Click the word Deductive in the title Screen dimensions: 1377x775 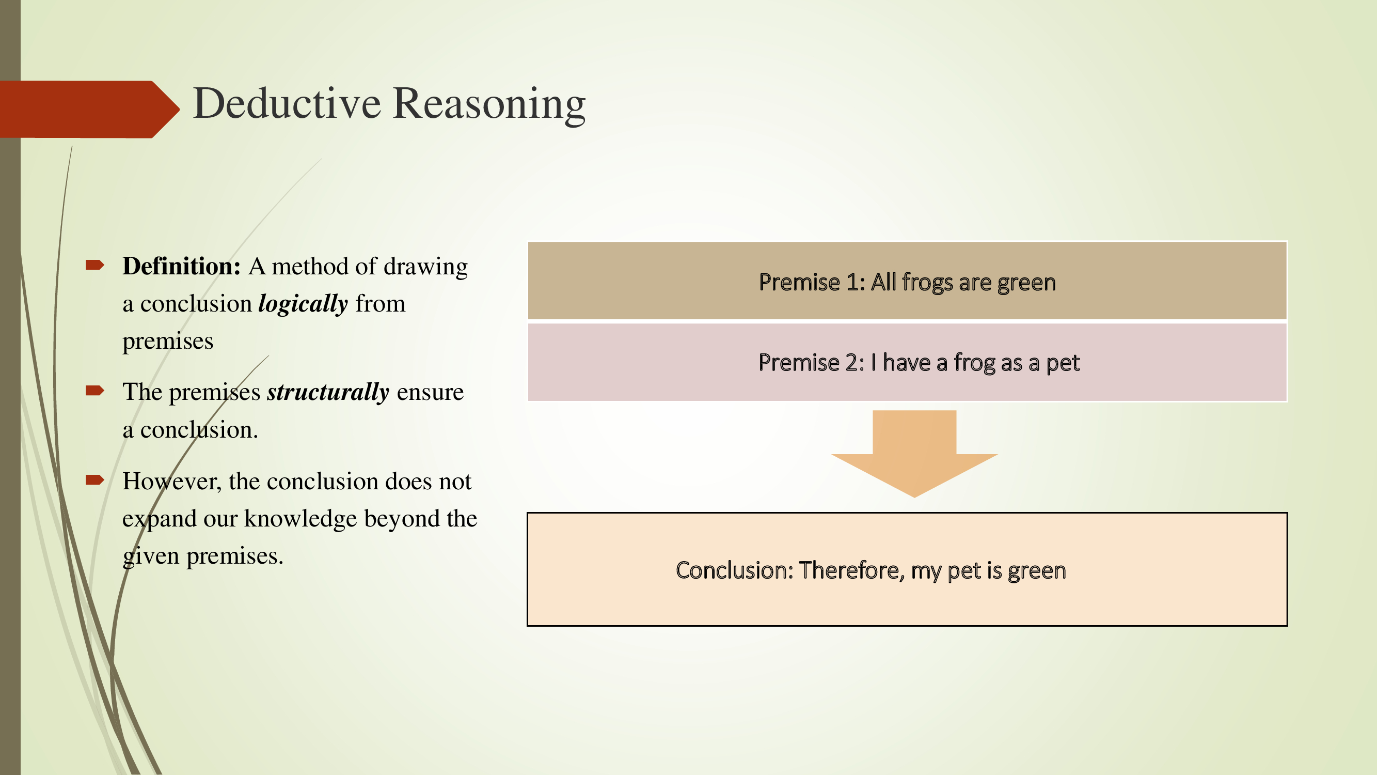[x=287, y=103]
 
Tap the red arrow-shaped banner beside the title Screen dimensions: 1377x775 [x=86, y=109]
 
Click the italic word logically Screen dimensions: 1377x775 [x=303, y=304]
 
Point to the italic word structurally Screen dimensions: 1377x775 [x=328, y=392]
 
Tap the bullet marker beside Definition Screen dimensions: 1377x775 [x=94, y=265]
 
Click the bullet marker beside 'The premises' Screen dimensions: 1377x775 [x=94, y=391]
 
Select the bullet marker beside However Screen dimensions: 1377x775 [x=94, y=480]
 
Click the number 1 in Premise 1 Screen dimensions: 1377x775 [x=852, y=283]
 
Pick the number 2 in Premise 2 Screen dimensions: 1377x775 [x=852, y=363]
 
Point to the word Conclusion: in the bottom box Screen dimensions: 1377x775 [x=735, y=571]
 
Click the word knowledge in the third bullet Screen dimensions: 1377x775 [x=300, y=519]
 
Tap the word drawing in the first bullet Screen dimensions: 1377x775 [x=425, y=267]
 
